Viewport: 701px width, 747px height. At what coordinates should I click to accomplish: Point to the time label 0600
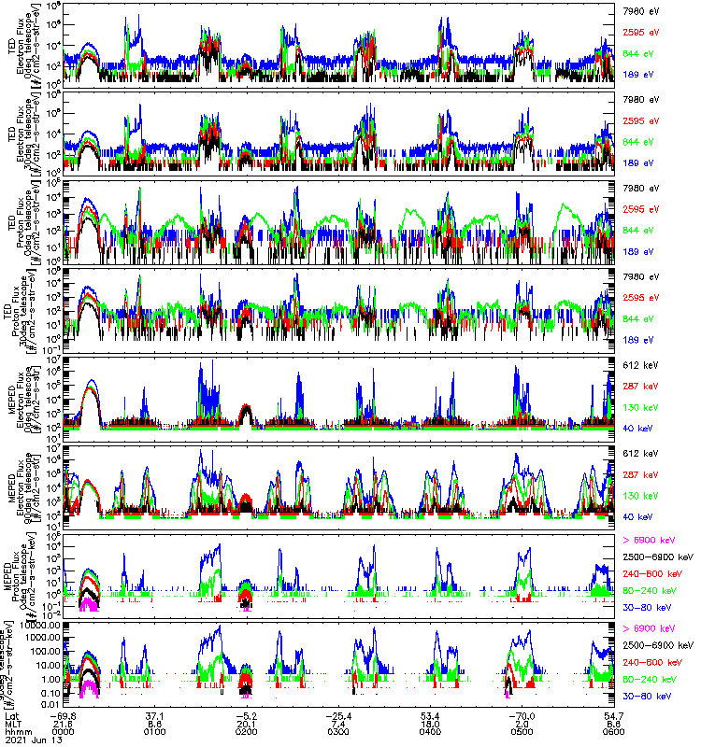[598, 730]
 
